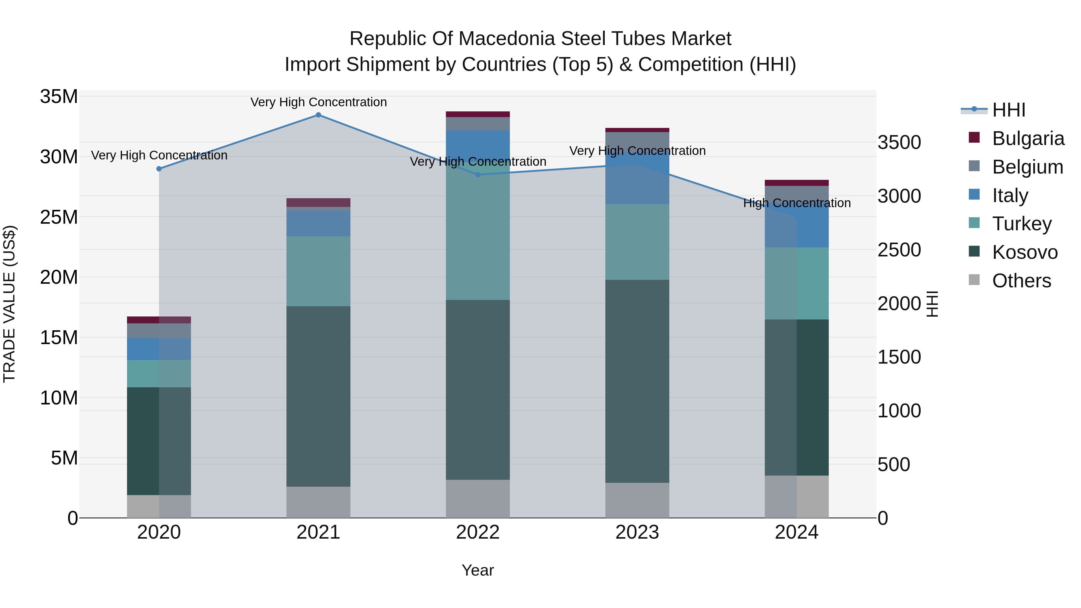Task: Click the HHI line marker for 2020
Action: tap(159, 169)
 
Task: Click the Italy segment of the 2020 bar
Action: tap(159, 349)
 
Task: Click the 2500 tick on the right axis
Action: tap(899, 250)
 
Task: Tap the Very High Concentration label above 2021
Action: tap(319, 102)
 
